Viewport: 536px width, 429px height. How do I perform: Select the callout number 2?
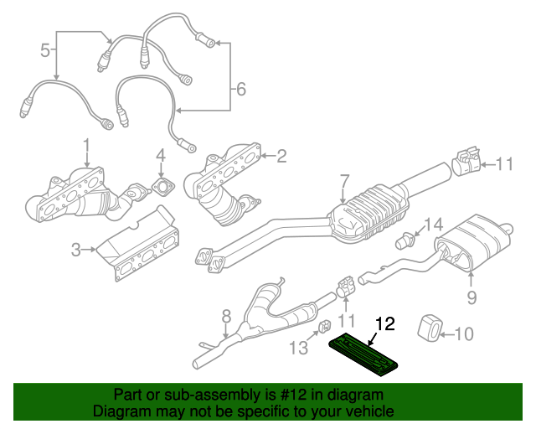pos(281,155)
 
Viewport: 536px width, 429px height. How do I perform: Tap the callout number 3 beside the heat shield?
pos(75,249)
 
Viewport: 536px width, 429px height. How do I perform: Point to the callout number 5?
pos(45,51)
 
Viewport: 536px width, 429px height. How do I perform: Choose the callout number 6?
pos(240,88)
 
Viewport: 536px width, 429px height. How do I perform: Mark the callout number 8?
pos(225,317)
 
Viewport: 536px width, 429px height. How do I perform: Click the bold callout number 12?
pos(384,322)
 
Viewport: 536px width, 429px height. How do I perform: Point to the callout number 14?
pos(431,225)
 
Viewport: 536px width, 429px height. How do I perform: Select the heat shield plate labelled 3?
pos(138,248)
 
